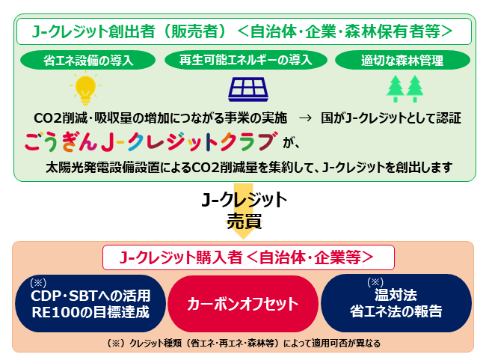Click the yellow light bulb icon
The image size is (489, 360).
[85, 88]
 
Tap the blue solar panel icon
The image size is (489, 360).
[248, 89]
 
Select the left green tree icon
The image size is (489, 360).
[396, 88]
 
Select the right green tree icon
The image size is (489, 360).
[414, 88]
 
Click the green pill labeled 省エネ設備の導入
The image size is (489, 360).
[88, 60]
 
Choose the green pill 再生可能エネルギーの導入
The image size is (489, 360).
[246, 60]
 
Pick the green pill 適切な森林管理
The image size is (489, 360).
[402, 60]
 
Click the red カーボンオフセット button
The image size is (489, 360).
[243, 303]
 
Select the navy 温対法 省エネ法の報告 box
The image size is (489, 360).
[396, 303]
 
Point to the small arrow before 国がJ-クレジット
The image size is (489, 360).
[305, 118]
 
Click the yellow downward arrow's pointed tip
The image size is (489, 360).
[243, 240]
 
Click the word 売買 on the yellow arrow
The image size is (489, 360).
[244, 222]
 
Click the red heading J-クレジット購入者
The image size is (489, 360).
[181, 257]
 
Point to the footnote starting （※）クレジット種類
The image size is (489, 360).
[243, 343]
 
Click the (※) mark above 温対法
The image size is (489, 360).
[375, 282]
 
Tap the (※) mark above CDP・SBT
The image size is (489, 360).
[38, 283]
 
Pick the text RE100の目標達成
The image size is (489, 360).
[90, 312]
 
